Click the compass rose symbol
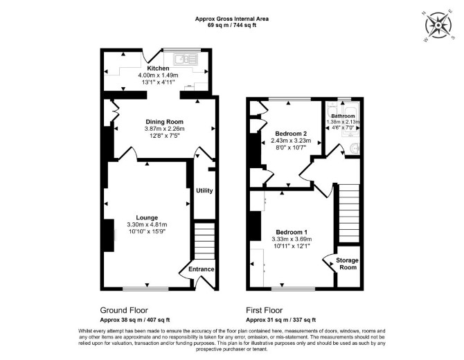438,26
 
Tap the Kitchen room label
159,69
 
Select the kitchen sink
185,59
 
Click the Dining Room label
165,122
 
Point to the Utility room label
204,190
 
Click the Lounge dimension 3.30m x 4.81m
147,224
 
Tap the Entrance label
202,269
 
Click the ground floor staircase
204,241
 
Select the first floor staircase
348,213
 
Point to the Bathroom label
343,116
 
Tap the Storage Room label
348,264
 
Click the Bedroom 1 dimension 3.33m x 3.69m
292,239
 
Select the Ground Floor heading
124,310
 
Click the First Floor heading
265,310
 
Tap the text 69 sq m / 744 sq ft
232,25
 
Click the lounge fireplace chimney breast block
109,235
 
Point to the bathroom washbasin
354,148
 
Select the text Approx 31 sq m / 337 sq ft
281,320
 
